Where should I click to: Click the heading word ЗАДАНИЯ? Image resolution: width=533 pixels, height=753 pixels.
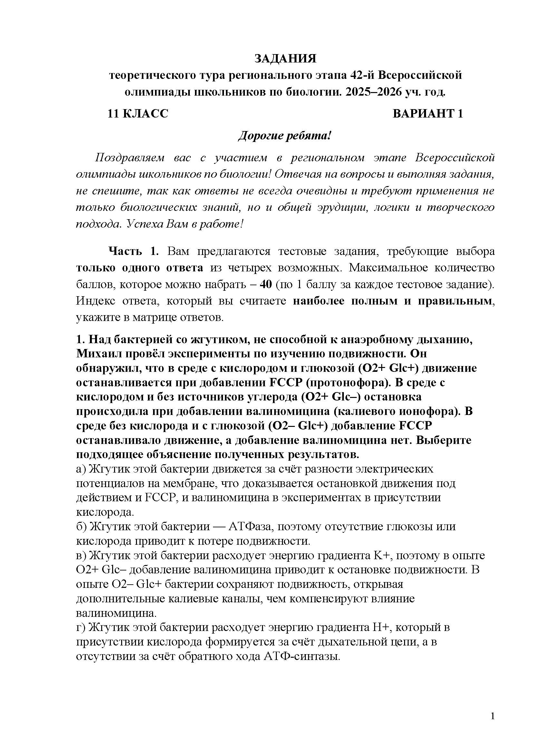coord(285,59)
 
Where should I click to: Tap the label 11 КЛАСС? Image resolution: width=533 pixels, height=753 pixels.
coord(138,113)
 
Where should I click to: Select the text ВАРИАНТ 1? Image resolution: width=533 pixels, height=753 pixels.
coord(428,113)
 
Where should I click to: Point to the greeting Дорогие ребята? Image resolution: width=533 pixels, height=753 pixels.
coord(285,136)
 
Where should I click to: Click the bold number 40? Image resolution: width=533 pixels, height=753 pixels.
coord(266,284)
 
